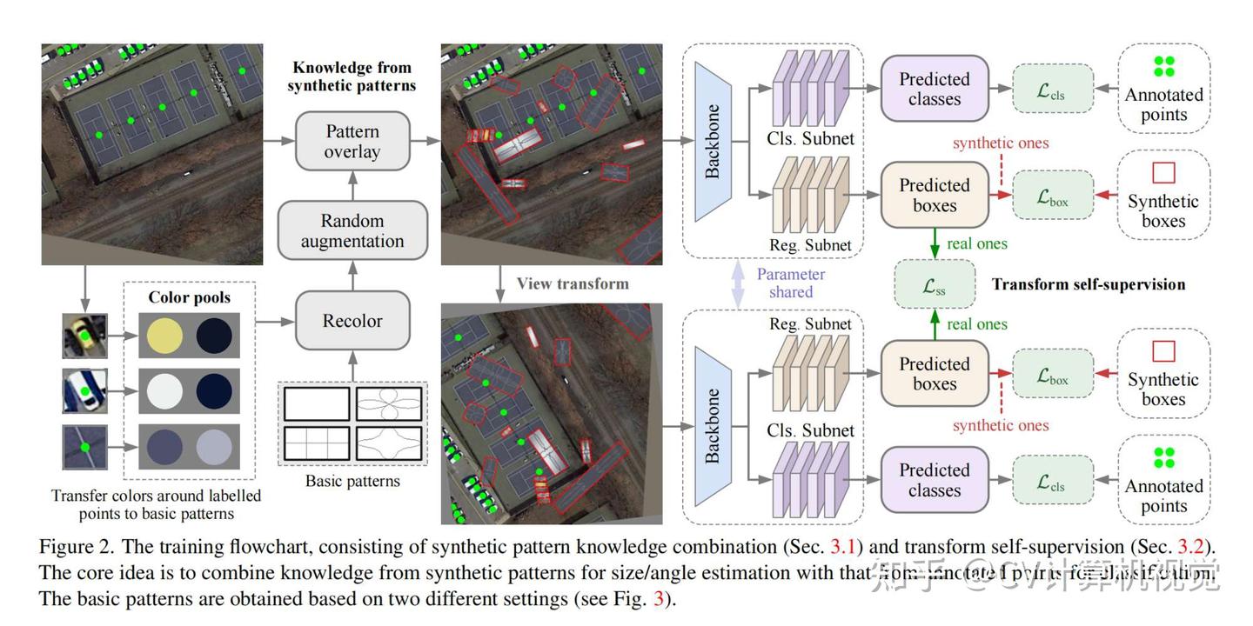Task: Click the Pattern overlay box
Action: pyautogui.click(x=352, y=141)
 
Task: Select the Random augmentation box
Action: pyautogui.click(x=352, y=230)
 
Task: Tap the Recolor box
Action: pyautogui.click(x=352, y=321)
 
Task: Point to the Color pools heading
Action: pyautogui.click(x=190, y=297)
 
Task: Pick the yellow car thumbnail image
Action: pyautogui.click(x=84, y=336)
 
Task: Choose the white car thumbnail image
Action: pyautogui.click(x=84, y=391)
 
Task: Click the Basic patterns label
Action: pyautogui.click(x=352, y=481)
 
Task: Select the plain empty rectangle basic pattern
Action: pyautogui.click(x=317, y=403)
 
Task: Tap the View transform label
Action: pyautogui.click(x=572, y=283)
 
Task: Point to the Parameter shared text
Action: pyautogui.click(x=791, y=283)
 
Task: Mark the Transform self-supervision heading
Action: pyautogui.click(x=1089, y=284)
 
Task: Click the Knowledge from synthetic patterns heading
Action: pyautogui.click(x=352, y=77)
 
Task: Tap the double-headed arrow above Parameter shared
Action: pyautogui.click(x=738, y=284)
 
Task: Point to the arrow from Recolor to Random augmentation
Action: pyautogui.click(x=352, y=277)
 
